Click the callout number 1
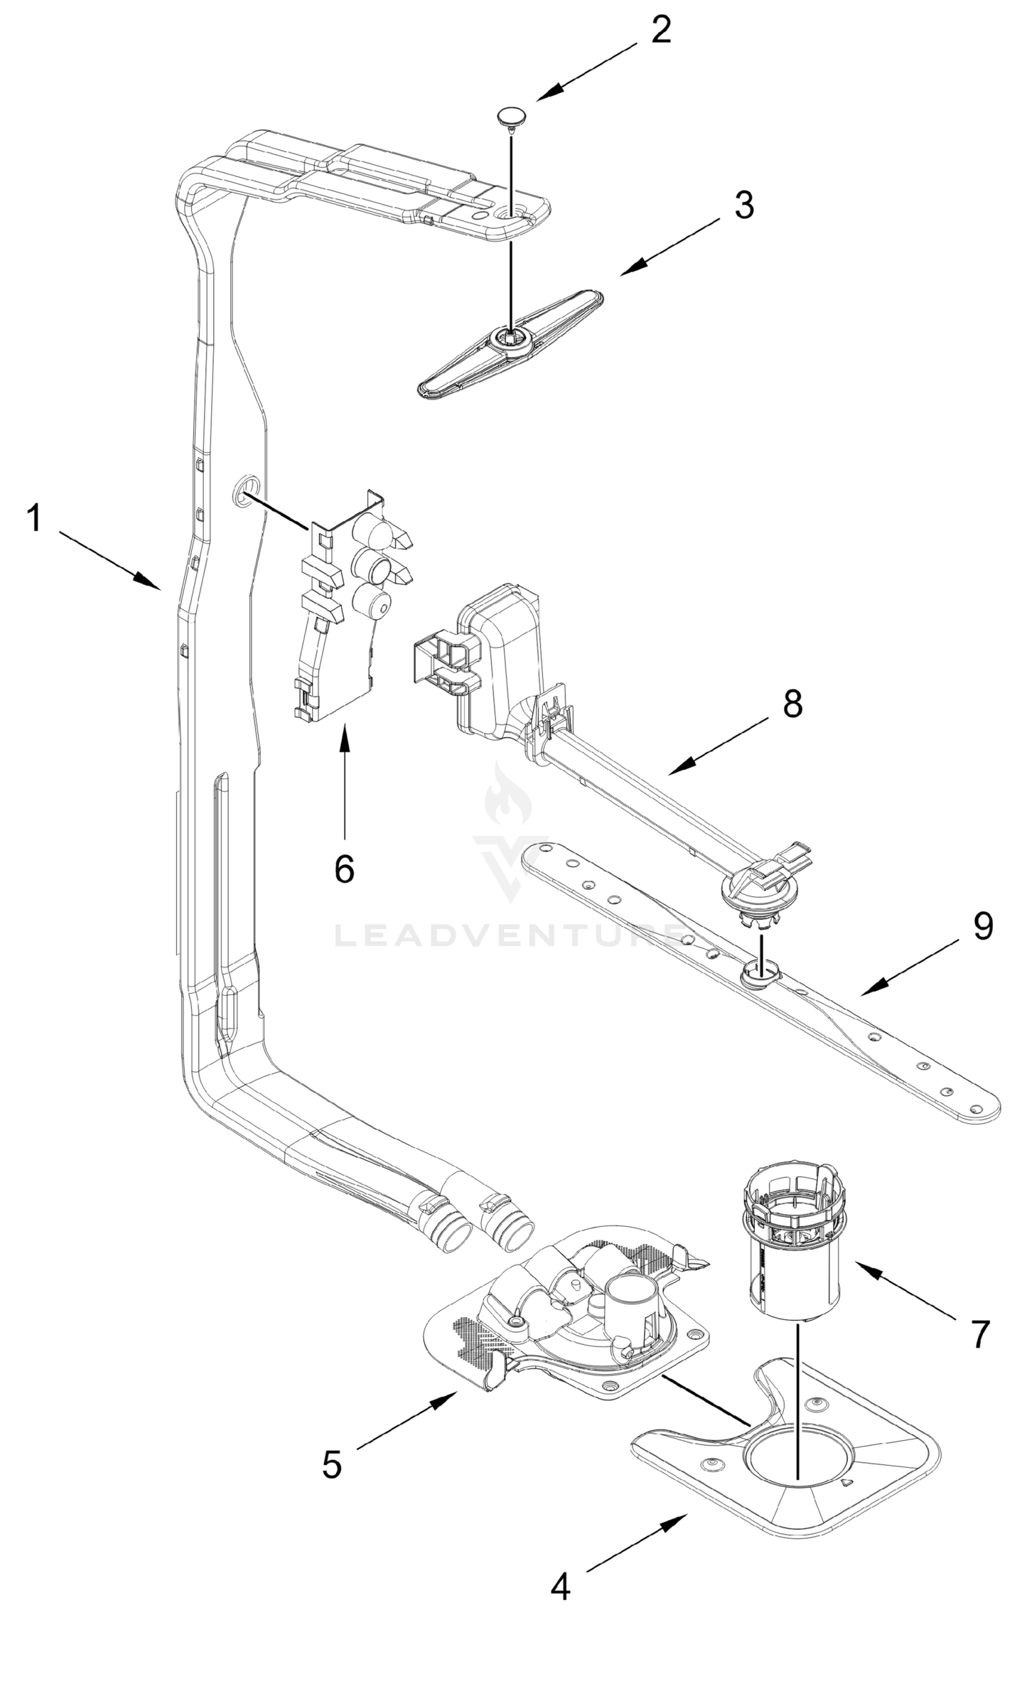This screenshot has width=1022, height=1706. pos(34,518)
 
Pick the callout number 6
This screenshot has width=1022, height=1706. pos(344,869)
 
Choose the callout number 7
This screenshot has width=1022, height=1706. pos(981,1334)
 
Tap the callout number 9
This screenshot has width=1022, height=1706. pos(983,926)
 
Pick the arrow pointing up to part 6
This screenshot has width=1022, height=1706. pos(345,782)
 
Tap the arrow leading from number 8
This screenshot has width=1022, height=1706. pos(718,746)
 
